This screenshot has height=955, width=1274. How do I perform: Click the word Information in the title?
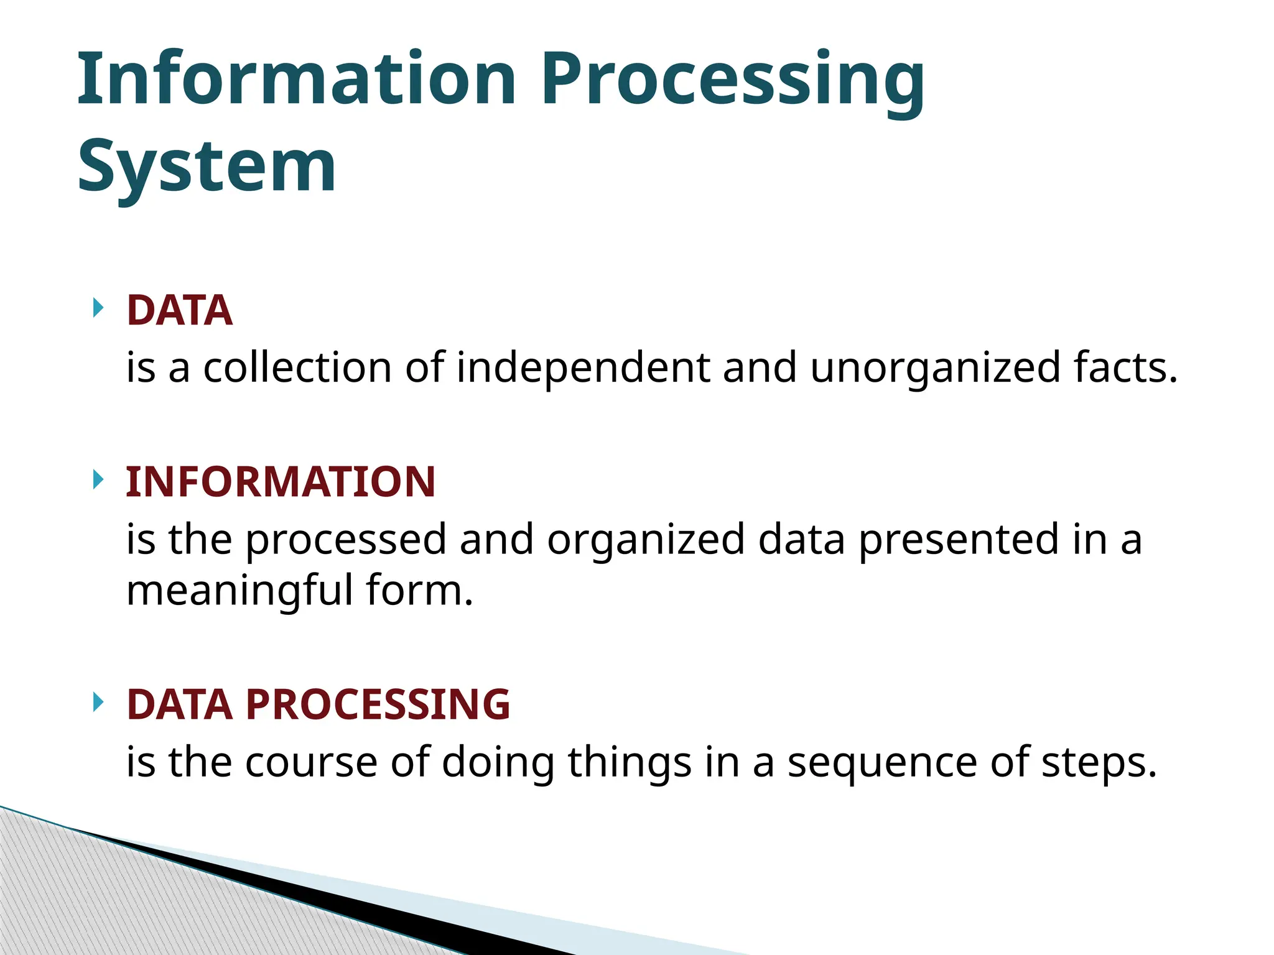coord(296,79)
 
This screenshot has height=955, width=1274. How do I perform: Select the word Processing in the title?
coord(732,79)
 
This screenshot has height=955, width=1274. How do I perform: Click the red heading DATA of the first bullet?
coord(179,310)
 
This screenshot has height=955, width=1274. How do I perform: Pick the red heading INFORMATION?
coord(280,482)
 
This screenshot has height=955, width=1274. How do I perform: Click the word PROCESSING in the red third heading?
coord(378,704)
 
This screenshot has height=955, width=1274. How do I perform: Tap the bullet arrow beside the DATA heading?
coord(98,308)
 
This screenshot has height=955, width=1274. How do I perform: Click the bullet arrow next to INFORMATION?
coord(98,479)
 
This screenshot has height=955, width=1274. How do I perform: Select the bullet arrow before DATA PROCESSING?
coord(98,702)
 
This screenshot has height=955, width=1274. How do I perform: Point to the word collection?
coord(297,367)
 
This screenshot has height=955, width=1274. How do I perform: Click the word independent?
coord(583,367)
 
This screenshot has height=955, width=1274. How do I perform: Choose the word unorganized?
coord(935,367)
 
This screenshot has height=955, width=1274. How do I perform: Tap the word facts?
coord(1125,367)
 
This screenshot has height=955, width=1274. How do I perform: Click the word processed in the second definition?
coord(346,539)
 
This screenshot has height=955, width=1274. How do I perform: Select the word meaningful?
coord(239,590)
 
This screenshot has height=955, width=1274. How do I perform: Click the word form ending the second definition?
coord(418,590)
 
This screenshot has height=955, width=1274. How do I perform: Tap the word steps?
coord(1098,762)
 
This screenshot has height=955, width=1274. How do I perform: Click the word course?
coord(311,762)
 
